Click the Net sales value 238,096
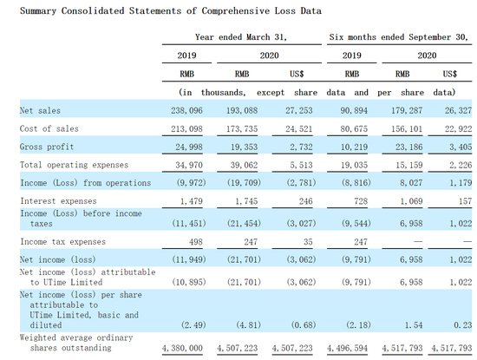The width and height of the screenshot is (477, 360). (x=186, y=110)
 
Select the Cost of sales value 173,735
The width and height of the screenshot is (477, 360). (x=242, y=128)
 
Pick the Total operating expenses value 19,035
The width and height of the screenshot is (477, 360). (x=354, y=165)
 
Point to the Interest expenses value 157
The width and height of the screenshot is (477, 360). (x=465, y=201)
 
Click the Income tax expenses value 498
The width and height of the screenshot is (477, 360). (x=196, y=242)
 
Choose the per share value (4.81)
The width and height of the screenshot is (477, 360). (x=248, y=325)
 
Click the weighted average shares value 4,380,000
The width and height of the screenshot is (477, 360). (x=182, y=348)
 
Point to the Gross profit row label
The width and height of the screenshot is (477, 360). (x=47, y=147)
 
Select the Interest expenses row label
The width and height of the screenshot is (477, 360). (x=58, y=201)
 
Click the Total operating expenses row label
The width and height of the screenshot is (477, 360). (x=75, y=165)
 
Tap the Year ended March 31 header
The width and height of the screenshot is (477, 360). (x=241, y=37)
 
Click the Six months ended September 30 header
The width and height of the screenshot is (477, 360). (x=399, y=37)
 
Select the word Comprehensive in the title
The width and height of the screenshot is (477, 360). (x=235, y=11)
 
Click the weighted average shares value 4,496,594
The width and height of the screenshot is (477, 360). (x=348, y=348)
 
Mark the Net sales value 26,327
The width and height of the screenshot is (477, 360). (x=459, y=110)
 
